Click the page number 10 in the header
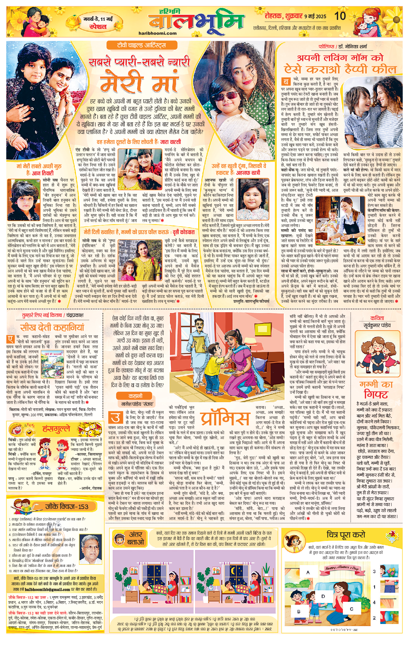tap(340, 16)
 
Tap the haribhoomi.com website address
tap(157, 33)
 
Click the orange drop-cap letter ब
tap(286, 82)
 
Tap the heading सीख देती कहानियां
tap(52, 327)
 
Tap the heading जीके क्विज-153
tap(67, 507)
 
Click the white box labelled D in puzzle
tap(323, 596)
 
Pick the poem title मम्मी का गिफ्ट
tap(376, 389)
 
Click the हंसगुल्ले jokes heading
tap(56, 429)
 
